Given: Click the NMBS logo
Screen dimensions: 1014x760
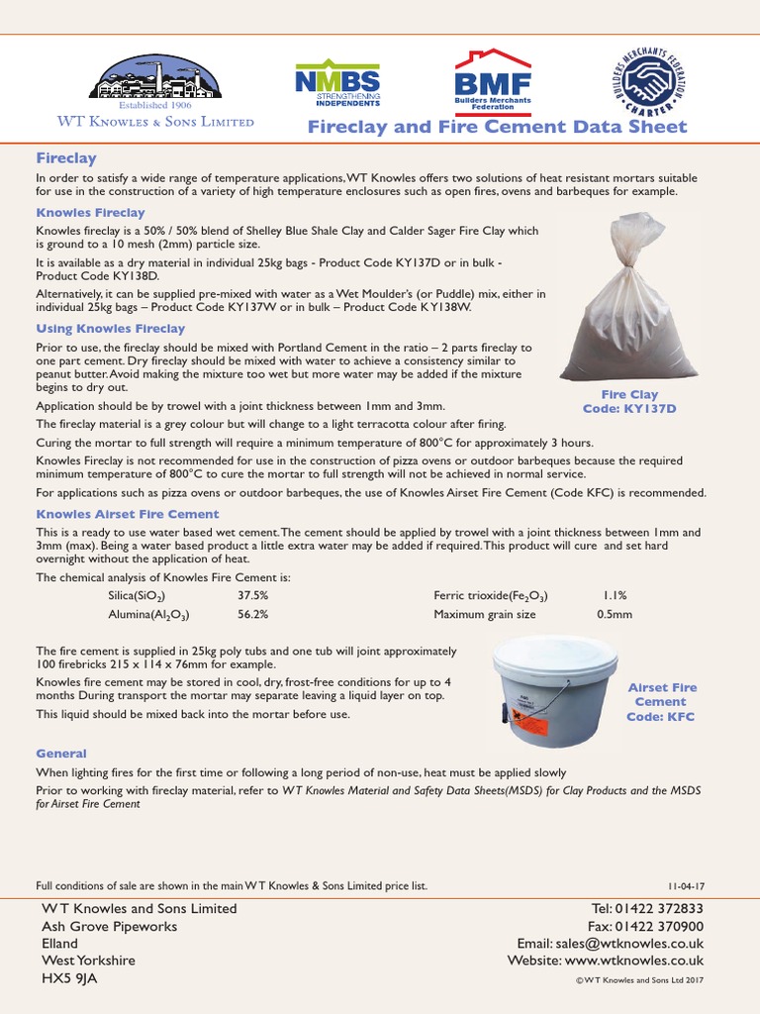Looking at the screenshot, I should point(336,84).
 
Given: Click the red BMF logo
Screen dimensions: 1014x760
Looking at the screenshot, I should point(492,80).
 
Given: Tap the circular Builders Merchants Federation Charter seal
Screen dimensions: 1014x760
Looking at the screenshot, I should point(650,80).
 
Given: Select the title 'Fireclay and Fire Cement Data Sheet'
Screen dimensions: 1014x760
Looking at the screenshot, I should point(497,127).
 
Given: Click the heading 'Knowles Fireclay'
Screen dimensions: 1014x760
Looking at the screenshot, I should point(91,213).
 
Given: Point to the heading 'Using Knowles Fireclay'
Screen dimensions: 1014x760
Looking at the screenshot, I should point(111,329).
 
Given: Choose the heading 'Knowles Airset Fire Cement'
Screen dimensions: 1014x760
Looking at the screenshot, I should point(128,514).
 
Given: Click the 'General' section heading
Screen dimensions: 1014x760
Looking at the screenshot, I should point(61,754).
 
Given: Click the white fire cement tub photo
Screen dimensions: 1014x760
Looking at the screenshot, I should point(555,690).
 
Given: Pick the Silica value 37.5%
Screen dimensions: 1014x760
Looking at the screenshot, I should point(252,596).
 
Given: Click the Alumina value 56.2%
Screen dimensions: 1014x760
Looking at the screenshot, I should point(252,614).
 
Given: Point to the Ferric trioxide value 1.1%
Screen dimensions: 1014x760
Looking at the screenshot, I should point(615,596).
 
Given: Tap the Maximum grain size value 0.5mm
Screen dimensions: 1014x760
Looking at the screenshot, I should point(615,614).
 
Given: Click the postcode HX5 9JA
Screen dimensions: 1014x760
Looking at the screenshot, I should point(69,977).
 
